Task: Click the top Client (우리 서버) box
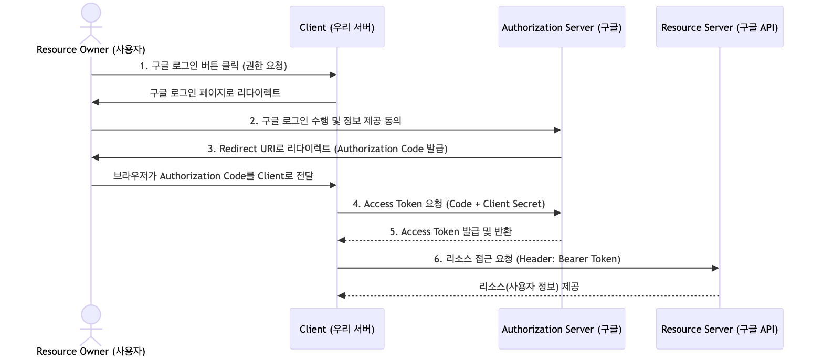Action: (x=336, y=27)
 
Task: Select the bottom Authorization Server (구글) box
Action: (x=561, y=329)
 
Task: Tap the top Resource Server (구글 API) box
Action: (x=719, y=27)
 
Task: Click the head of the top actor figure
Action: (x=91, y=12)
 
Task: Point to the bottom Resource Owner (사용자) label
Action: (x=91, y=351)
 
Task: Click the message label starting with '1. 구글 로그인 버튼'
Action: (x=213, y=66)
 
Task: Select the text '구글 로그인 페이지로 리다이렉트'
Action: (x=215, y=93)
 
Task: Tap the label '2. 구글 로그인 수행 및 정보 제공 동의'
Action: (x=325, y=121)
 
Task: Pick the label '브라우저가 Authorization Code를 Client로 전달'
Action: (x=213, y=176)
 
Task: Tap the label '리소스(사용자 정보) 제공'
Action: (x=529, y=287)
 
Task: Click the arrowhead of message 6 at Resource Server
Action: (x=715, y=268)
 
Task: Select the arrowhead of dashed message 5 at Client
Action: (x=341, y=240)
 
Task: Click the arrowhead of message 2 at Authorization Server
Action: (x=557, y=130)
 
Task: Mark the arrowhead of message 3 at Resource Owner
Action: (x=95, y=157)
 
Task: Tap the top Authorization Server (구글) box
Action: (x=561, y=27)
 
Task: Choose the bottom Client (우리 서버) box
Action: (x=336, y=329)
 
